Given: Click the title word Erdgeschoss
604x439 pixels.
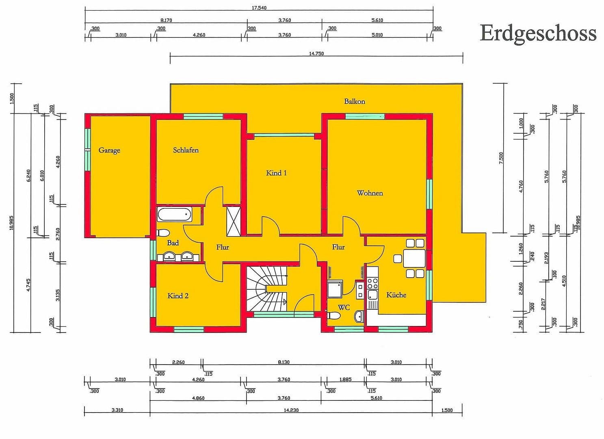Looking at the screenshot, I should [537, 33].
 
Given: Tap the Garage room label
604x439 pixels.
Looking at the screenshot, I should [109, 150].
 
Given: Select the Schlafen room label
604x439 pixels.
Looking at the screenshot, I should [186, 150].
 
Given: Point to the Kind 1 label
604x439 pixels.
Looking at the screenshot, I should [276, 173].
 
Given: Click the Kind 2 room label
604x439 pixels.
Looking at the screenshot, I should [178, 296].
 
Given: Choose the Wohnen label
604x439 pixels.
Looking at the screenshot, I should [370, 193].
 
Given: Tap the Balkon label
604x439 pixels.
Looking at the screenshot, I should [354, 101].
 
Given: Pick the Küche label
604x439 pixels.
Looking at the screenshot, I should [396, 295].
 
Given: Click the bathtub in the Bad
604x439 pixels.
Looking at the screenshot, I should [174, 214].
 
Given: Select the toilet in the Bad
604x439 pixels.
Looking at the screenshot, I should [163, 233].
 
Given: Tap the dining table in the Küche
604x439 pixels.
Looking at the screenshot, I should [414, 259].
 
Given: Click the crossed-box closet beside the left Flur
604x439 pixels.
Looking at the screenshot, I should [234, 221].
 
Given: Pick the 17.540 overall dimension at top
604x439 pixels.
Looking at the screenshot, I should [259, 8].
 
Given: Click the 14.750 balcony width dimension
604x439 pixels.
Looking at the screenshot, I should [316, 54].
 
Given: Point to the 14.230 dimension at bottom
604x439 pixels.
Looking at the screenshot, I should [291, 410].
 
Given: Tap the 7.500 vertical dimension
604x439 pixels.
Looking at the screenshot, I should [501, 158].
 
